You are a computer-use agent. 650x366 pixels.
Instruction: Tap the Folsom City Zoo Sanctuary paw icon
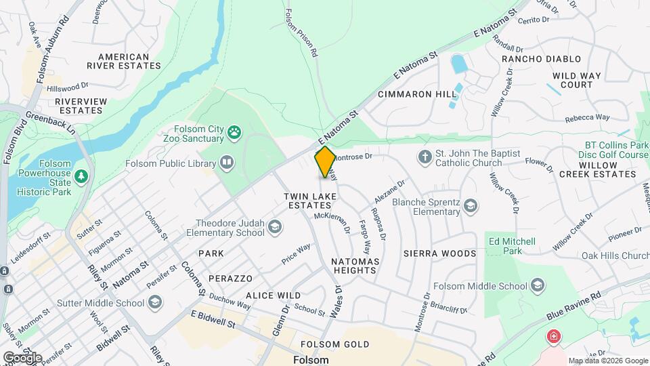click(x=234, y=132)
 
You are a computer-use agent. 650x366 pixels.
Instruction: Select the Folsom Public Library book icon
click(x=227, y=163)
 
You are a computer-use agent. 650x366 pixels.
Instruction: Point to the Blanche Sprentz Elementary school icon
click(x=471, y=205)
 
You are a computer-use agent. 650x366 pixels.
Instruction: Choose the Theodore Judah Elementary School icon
click(x=275, y=227)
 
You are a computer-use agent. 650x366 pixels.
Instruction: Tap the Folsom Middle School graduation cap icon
click(x=538, y=285)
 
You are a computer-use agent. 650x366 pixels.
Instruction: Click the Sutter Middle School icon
click(x=154, y=302)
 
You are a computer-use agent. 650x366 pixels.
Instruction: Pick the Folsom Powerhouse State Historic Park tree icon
click(x=81, y=177)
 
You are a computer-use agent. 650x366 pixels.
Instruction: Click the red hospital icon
click(x=554, y=336)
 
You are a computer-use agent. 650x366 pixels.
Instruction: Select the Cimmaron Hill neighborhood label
click(x=416, y=94)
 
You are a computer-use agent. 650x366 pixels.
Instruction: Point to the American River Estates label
click(x=123, y=62)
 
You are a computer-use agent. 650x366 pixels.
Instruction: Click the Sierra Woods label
click(x=439, y=253)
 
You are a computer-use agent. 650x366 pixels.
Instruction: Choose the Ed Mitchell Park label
click(x=511, y=246)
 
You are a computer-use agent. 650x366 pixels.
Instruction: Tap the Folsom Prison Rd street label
click(x=301, y=32)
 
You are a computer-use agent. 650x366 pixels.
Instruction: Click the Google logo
click(x=22, y=357)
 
